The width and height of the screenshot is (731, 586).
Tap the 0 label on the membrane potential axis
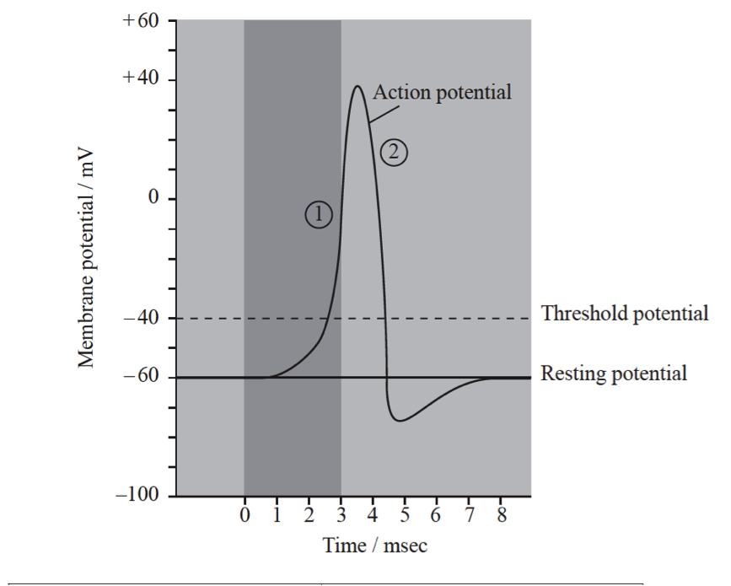(x=153, y=199)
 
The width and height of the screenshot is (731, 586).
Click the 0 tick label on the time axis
(x=245, y=515)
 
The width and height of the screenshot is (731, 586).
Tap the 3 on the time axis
(x=341, y=515)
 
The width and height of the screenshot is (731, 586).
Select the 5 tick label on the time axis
(x=405, y=515)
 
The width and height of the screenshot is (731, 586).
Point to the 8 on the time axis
(x=501, y=515)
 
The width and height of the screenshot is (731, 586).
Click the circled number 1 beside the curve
(x=319, y=215)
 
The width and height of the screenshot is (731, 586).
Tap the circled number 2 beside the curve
(x=394, y=153)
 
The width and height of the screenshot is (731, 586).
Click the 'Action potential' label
(x=442, y=92)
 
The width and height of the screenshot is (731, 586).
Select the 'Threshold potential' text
(x=624, y=315)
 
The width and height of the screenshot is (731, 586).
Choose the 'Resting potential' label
(x=614, y=373)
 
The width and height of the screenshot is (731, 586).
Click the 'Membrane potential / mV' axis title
(x=87, y=260)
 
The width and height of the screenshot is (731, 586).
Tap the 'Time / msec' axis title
(x=375, y=546)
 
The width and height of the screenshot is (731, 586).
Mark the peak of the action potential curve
(x=357, y=86)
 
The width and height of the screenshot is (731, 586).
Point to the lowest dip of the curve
(x=400, y=420)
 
